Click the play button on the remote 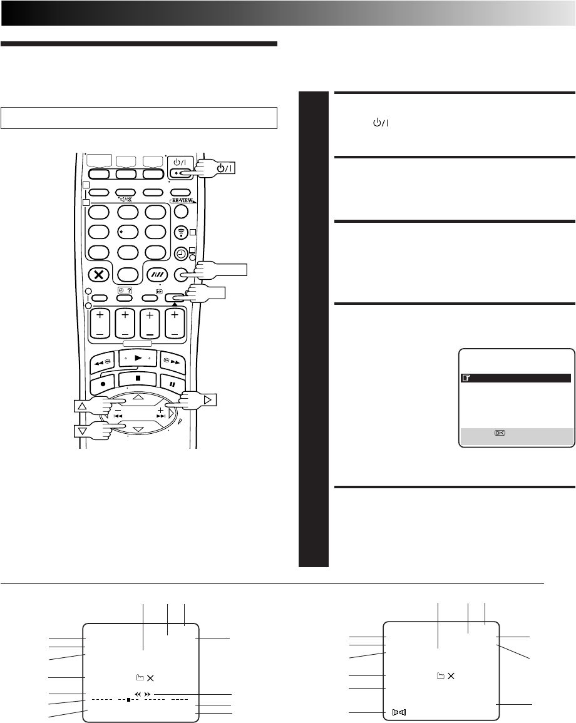(x=138, y=358)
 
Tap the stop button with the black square (x=138, y=379)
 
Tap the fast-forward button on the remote (x=172, y=362)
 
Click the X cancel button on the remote (x=99, y=275)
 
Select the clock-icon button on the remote (x=181, y=254)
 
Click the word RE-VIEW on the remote (x=182, y=201)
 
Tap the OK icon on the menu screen (x=500, y=433)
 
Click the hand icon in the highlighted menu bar (x=466, y=379)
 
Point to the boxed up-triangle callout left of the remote (x=82, y=406)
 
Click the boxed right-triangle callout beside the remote (x=208, y=399)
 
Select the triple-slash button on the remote (x=156, y=275)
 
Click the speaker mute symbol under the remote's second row (x=126, y=200)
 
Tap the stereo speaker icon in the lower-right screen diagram (x=399, y=712)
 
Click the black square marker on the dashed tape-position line (x=129, y=699)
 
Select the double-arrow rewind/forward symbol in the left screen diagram (x=143, y=694)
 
